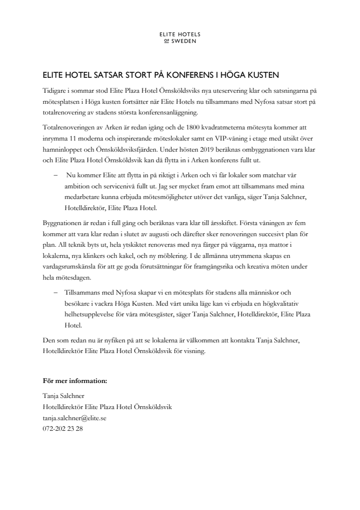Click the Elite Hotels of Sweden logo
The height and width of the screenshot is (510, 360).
(x=180, y=38)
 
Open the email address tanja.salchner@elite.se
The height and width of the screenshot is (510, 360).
(x=75, y=417)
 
